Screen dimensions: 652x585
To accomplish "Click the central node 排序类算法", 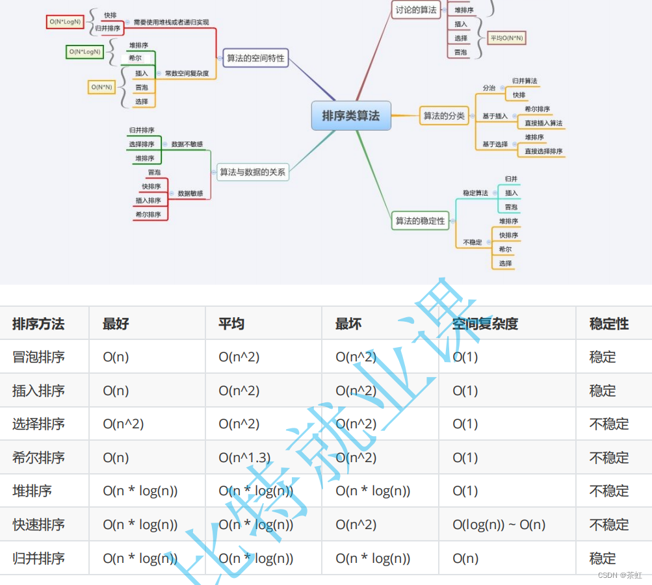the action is click(x=351, y=116).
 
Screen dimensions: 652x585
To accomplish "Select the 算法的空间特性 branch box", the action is click(x=255, y=58).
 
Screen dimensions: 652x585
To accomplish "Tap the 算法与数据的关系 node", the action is click(x=253, y=172).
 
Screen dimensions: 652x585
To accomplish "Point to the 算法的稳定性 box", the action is click(x=421, y=221).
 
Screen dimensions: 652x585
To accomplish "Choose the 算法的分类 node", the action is click(x=444, y=116).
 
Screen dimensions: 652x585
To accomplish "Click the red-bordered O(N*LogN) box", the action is click(x=66, y=21).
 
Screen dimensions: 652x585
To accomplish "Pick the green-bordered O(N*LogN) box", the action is click(x=85, y=51).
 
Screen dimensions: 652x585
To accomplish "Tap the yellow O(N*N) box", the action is click(x=101, y=86).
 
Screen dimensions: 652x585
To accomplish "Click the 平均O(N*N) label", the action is click(x=507, y=38).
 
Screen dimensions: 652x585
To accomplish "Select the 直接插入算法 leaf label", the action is click(x=543, y=123).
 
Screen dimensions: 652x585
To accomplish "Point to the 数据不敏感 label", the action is click(x=187, y=144).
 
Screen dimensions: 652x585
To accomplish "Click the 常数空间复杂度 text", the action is click(x=187, y=73).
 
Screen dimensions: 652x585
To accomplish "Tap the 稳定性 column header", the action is click(x=609, y=324).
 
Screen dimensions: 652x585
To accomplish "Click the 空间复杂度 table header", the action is click(x=486, y=324).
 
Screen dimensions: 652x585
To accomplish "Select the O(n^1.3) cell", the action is click(x=244, y=458).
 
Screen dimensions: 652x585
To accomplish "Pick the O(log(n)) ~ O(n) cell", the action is click(x=499, y=525).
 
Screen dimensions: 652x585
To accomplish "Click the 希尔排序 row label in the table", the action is click(x=38, y=458).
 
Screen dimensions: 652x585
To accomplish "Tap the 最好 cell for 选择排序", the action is click(x=124, y=424).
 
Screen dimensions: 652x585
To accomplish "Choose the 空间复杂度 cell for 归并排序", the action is click(x=465, y=558).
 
